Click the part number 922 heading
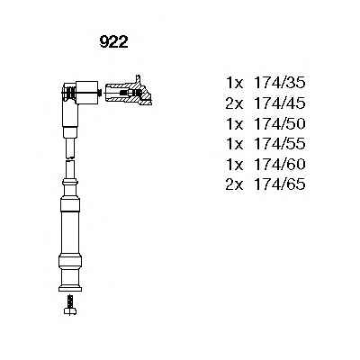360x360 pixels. point(113,42)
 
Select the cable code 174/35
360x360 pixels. point(280,83)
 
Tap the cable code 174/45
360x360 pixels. point(280,103)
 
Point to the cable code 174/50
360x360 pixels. point(280,123)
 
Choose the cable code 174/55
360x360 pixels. point(280,143)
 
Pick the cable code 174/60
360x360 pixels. point(280,164)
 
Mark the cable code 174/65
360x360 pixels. point(280,184)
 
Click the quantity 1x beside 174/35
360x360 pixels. point(235,83)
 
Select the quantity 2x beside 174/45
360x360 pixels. point(235,103)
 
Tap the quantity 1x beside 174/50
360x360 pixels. point(235,123)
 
